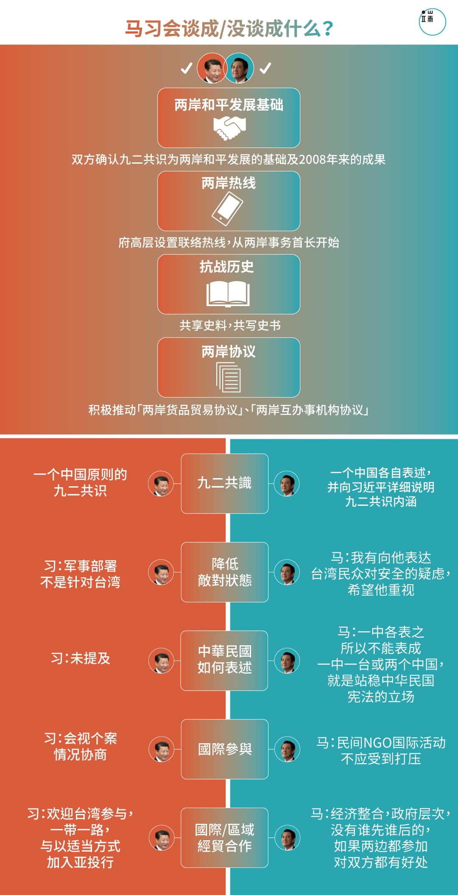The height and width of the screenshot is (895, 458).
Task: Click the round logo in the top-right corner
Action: [x=432, y=22]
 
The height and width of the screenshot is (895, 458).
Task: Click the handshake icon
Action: [x=229, y=128]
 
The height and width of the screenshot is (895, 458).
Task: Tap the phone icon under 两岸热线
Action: [x=227, y=208]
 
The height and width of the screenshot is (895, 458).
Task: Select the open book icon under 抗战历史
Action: [x=228, y=294]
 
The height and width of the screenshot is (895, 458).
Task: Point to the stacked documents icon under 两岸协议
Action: [x=229, y=377]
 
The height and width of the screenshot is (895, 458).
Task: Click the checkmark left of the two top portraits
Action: [x=187, y=68]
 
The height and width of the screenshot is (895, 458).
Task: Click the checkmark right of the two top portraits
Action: [x=265, y=68]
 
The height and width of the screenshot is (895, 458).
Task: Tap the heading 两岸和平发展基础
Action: [x=229, y=105]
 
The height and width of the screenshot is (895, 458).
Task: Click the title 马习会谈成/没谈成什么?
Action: [x=229, y=29]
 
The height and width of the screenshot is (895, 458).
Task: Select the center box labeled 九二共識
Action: [x=225, y=483]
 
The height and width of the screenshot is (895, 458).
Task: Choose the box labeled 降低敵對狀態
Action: [x=225, y=572]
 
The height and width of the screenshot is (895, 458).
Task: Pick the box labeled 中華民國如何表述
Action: [x=224, y=660]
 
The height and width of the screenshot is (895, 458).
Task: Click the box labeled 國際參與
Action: [x=225, y=749]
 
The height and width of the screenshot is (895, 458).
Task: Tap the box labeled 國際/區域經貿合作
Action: [x=225, y=837]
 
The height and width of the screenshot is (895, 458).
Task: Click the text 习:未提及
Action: [x=81, y=658]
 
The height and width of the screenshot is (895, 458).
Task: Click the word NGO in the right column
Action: [x=377, y=743]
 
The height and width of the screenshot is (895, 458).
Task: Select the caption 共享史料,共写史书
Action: [x=230, y=325]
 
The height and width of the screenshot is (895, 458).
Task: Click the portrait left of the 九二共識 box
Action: [x=161, y=484]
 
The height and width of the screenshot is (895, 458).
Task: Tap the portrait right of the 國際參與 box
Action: [x=288, y=749]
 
